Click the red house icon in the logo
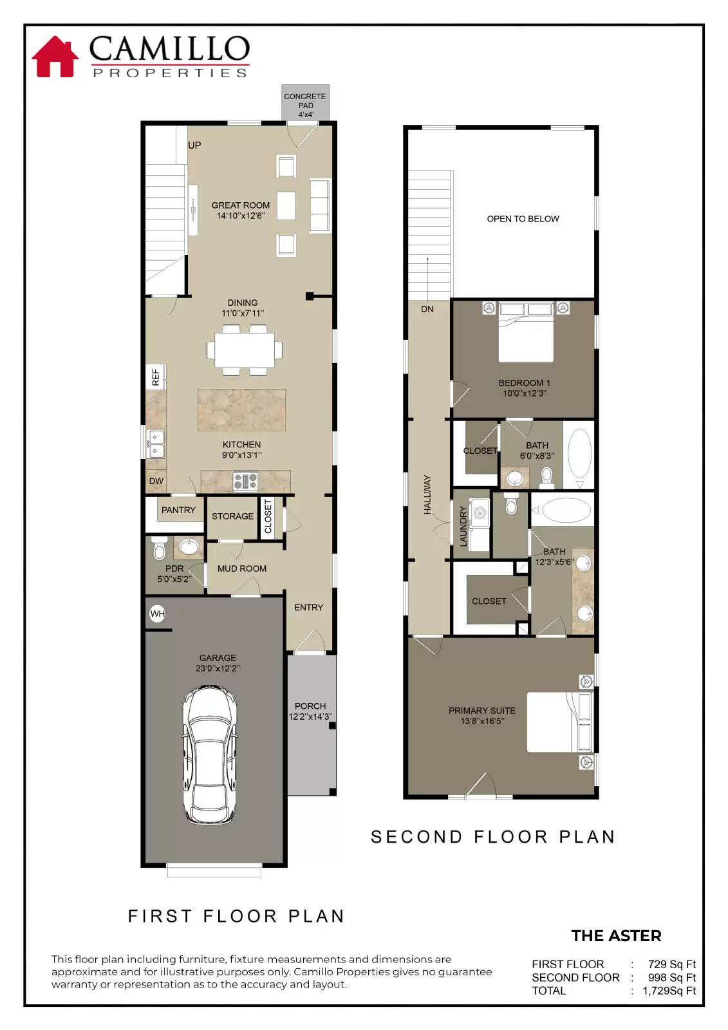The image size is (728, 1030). tap(55, 57)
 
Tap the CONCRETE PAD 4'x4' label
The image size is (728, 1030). tap(305, 105)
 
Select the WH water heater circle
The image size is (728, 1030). tap(157, 613)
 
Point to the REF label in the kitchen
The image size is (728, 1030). tap(155, 377)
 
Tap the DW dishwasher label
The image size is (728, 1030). tap(156, 481)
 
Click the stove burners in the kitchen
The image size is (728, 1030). tap(245, 481)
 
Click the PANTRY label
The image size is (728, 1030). tap(178, 510)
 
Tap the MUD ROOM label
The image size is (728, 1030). tap(241, 568)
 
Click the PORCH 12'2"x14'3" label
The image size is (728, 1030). tap(310, 711)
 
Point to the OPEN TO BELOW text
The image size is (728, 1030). tap(523, 219)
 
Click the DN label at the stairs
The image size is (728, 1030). tap(427, 309)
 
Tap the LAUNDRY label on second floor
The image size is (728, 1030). tap(463, 526)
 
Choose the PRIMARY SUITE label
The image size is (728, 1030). tap(481, 715)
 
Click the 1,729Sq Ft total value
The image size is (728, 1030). tap(669, 991)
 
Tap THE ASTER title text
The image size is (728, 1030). tap(616, 935)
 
